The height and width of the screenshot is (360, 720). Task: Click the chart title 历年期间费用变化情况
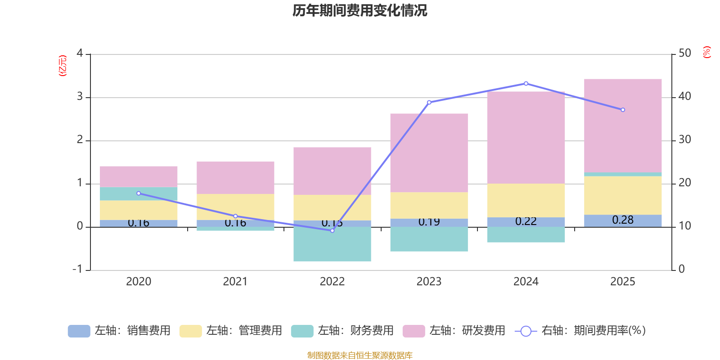tap(360, 10)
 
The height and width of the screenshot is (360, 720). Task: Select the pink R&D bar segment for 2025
tap(623, 126)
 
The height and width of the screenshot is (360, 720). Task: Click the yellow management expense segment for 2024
tap(526, 200)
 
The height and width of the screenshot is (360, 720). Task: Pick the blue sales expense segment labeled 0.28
tap(623, 220)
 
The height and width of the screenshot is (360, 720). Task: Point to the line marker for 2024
tap(526, 84)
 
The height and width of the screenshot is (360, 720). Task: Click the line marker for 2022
tap(332, 230)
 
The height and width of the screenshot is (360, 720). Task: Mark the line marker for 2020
tap(139, 193)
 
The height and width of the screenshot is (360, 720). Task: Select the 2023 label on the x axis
tap(429, 282)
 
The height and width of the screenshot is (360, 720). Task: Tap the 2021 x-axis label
tap(235, 282)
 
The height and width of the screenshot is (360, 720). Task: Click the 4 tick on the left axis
tap(80, 54)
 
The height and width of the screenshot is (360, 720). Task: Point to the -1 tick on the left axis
tap(78, 269)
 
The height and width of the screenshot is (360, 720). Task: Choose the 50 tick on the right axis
tap(684, 54)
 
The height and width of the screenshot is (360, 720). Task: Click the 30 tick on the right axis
tap(684, 140)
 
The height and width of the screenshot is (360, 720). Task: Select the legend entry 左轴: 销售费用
tap(120, 331)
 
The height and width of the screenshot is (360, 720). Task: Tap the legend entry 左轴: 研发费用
tap(454, 331)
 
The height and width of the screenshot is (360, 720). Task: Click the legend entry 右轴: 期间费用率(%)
tap(580, 331)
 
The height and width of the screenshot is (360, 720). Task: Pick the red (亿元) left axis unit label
tap(63, 66)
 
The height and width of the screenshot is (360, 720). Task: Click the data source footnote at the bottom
tap(360, 355)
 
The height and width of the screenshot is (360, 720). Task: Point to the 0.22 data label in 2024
tap(526, 221)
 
